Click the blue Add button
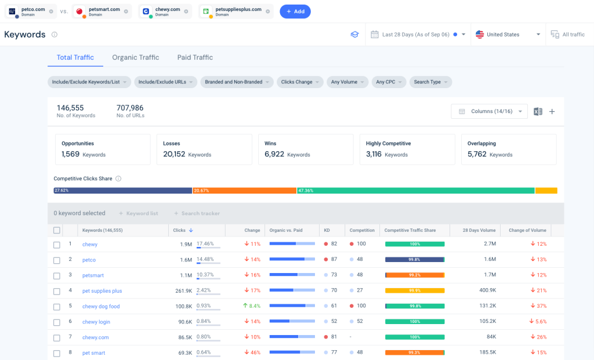click(295, 12)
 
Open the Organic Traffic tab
click(135, 57)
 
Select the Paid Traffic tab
click(195, 57)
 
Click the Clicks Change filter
click(299, 82)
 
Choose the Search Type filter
click(430, 82)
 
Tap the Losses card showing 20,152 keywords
click(204, 149)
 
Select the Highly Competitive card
click(407, 149)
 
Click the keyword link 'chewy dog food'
click(101, 306)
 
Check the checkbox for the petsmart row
click(57, 275)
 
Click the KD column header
click(328, 230)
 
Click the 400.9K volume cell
click(487, 290)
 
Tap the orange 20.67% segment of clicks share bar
click(244, 190)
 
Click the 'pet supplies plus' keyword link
click(102, 290)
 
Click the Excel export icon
click(538, 111)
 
